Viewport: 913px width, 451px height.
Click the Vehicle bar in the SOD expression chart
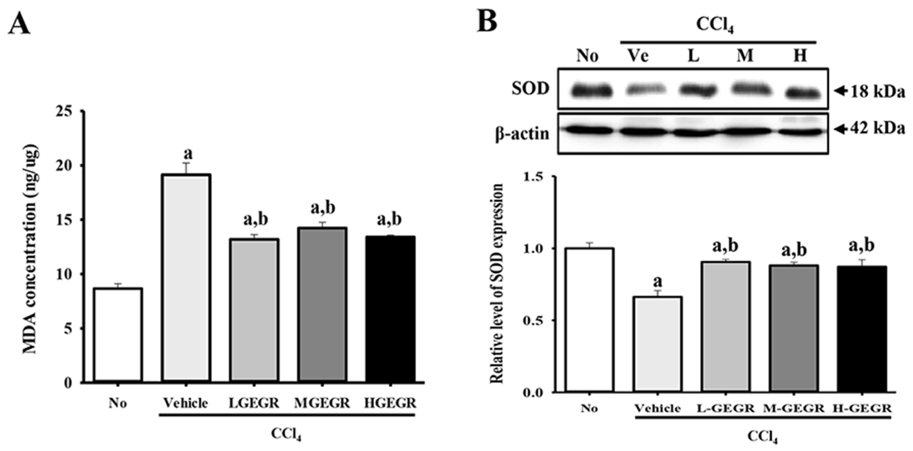tap(658, 344)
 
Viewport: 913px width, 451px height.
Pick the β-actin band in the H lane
tap(800, 132)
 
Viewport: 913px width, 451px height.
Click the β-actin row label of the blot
tap(522, 134)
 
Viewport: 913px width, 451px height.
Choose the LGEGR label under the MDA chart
tap(254, 403)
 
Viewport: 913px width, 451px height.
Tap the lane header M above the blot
tap(745, 56)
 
